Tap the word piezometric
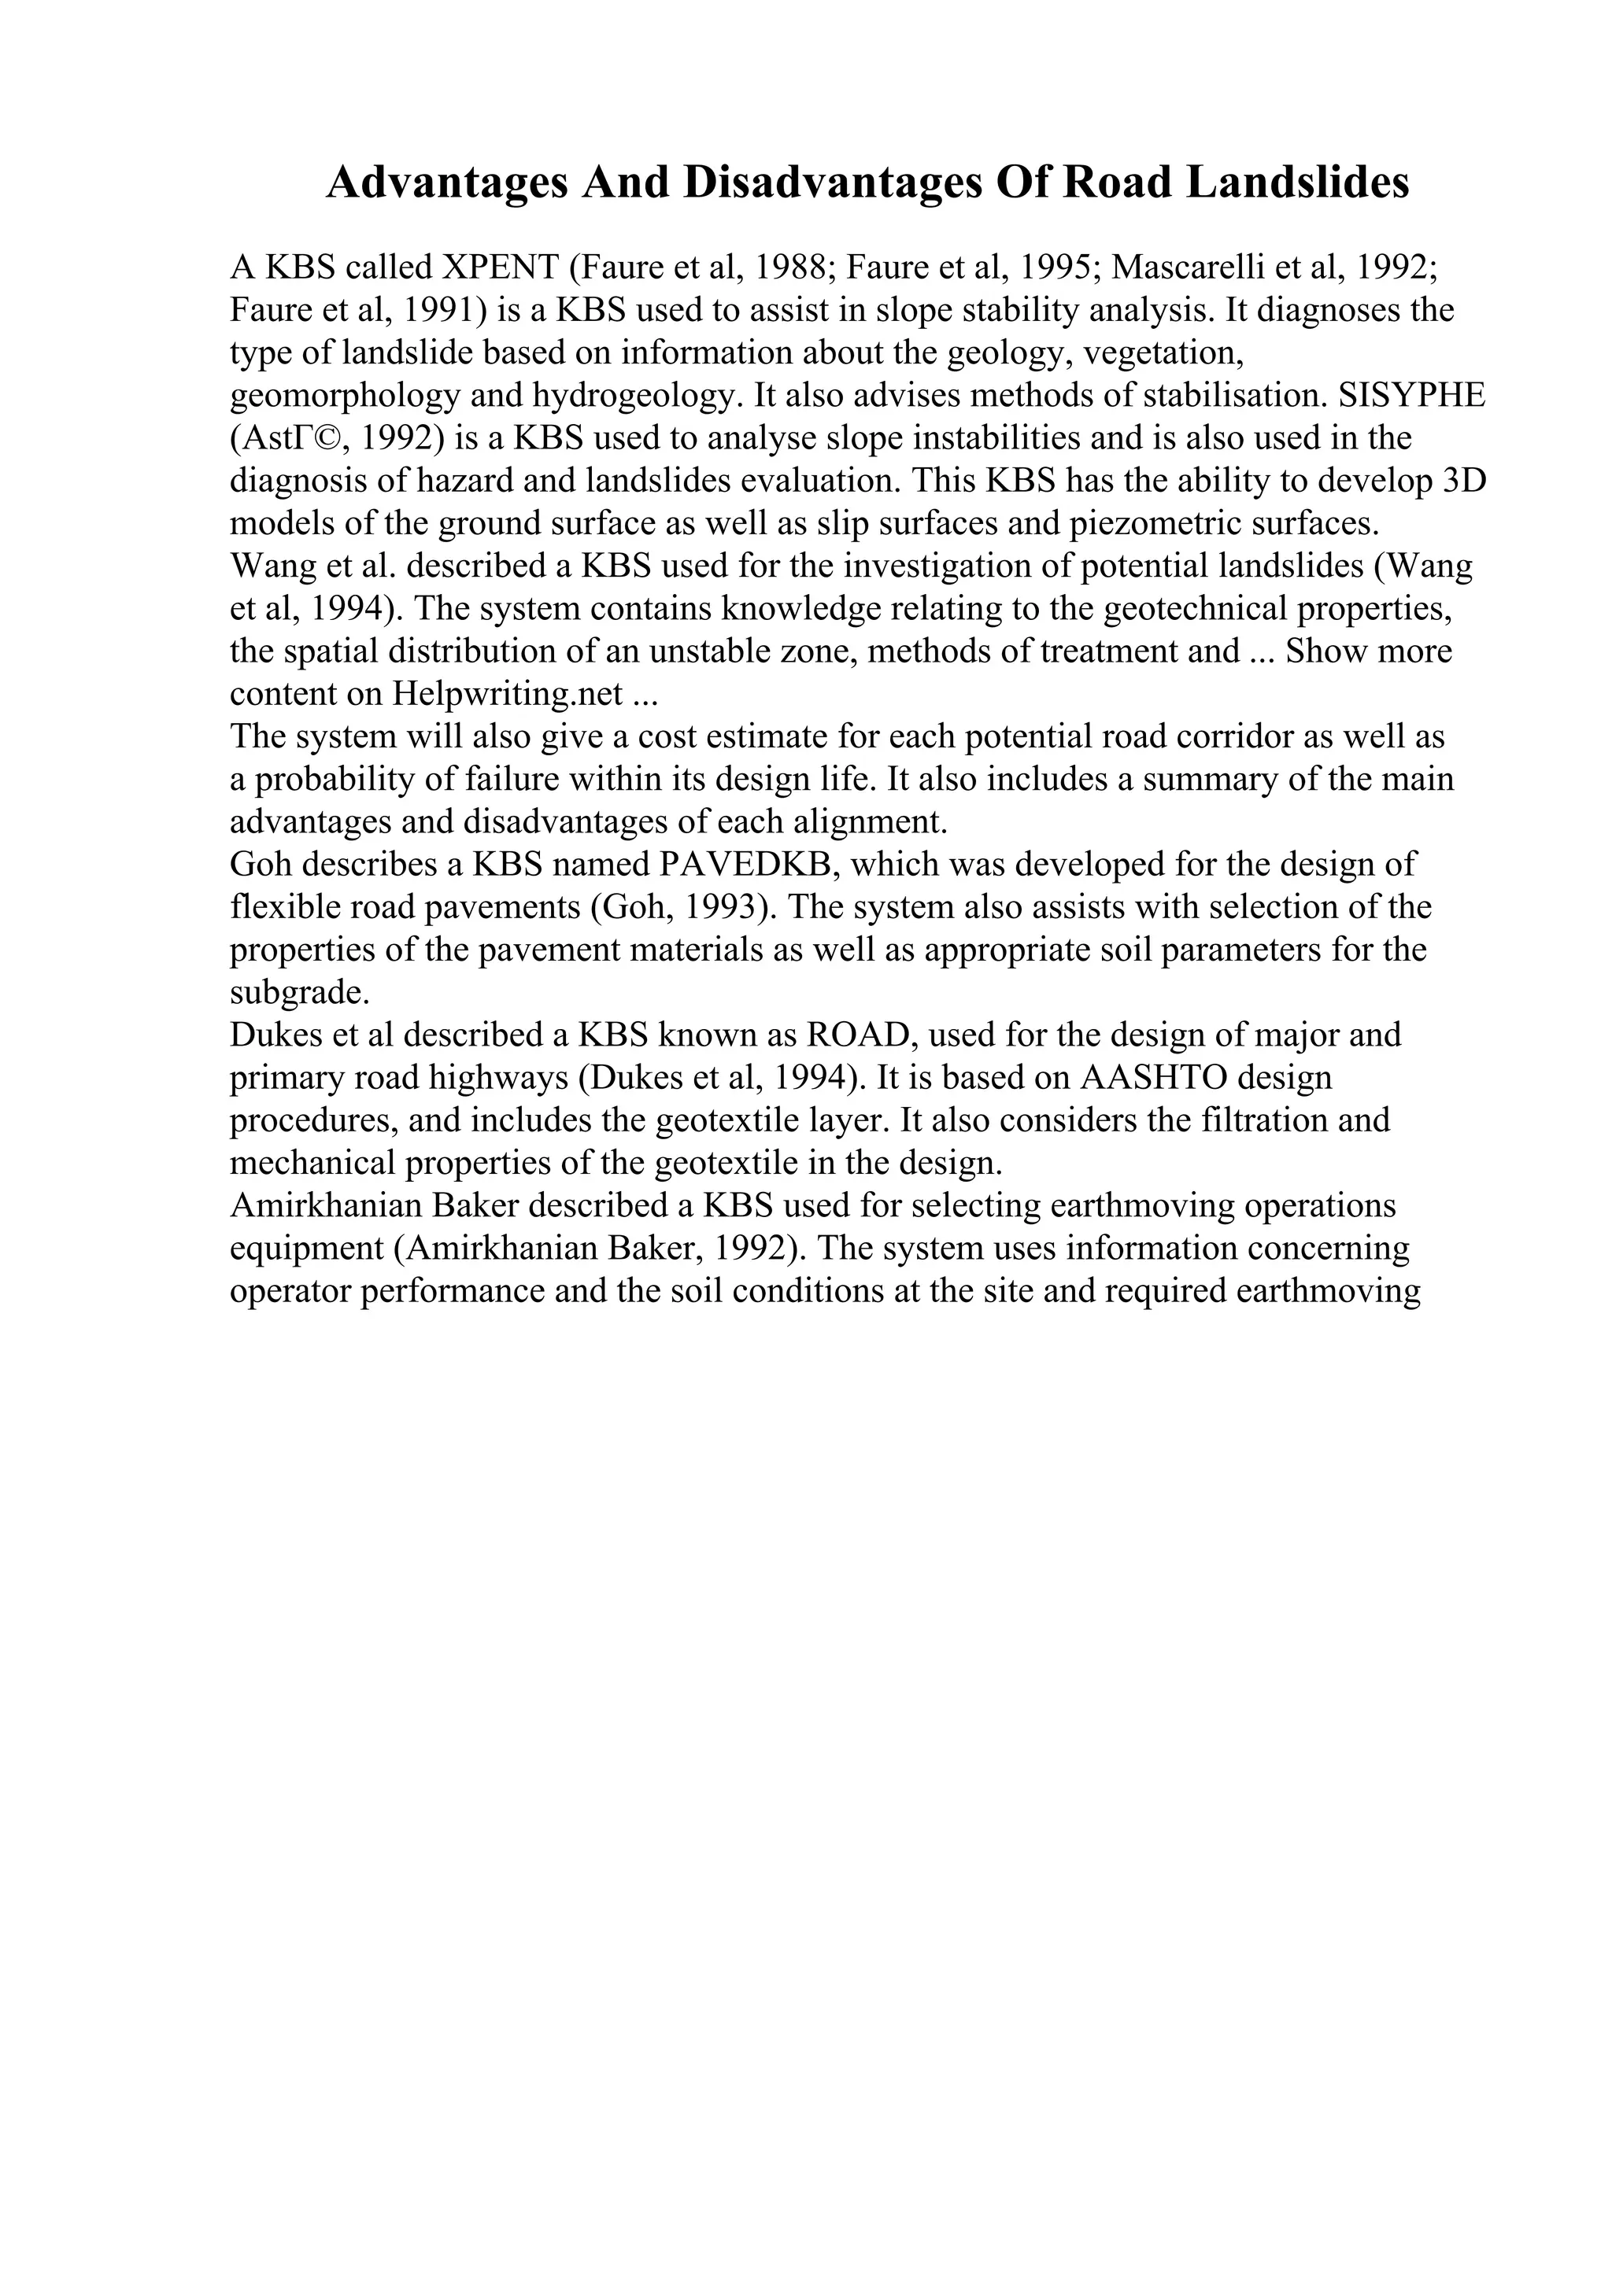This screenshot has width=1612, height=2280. coord(1161,523)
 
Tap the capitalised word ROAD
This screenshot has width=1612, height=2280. coord(860,1035)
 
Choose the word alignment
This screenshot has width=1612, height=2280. coord(867,821)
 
